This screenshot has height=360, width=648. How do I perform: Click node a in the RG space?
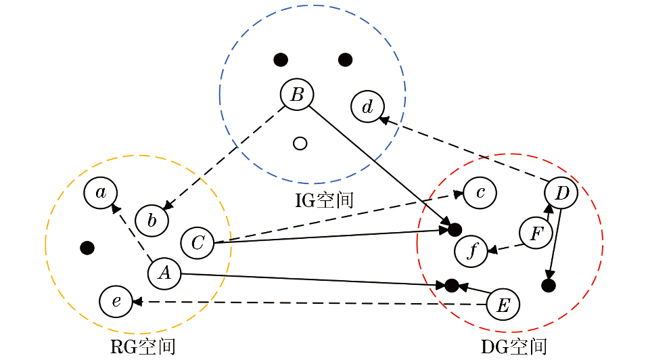point(101,193)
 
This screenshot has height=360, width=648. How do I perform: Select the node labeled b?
point(152,221)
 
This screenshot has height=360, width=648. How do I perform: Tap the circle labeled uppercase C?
point(197,243)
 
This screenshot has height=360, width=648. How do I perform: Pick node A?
point(164,273)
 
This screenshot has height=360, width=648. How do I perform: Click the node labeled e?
point(116,301)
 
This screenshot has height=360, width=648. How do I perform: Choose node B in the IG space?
point(297,95)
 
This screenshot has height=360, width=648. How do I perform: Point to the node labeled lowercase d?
point(367,107)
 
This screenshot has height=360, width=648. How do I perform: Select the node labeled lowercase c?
point(480,193)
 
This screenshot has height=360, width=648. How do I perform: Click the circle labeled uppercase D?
point(561,194)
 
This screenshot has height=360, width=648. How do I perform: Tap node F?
point(536,233)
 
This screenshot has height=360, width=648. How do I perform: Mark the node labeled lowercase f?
point(471,251)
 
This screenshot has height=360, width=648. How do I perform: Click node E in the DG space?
point(503,305)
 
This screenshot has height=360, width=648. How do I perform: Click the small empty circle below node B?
point(300,143)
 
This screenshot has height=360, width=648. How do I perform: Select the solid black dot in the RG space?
point(87,248)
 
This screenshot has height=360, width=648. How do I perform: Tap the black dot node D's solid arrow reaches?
point(549,286)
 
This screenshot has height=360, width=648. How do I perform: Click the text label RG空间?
point(143,347)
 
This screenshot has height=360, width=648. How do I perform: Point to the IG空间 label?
point(324,200)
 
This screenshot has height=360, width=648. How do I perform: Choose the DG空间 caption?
point(513,347)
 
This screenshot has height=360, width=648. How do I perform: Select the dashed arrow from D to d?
point(463,150)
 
